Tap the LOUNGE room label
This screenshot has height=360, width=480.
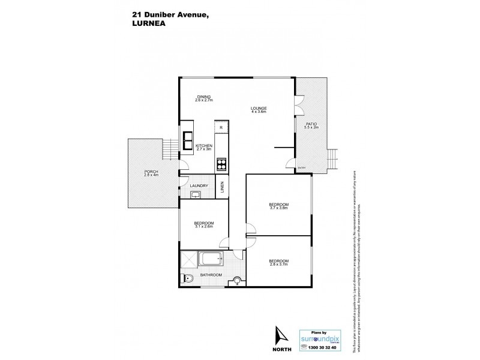pos(259,109)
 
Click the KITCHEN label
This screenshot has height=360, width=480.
pos(205,146)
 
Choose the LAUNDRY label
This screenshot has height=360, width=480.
pos(199,186)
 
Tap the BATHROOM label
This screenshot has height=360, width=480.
pos(211,275)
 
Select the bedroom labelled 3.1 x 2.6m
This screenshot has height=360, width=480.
pos(203,226)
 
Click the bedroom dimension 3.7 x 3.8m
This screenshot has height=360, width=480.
pos(278,208)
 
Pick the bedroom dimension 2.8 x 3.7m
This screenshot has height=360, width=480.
pos(279,264)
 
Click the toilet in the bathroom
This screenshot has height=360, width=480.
pos(187,278)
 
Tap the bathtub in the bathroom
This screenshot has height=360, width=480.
pos(210,260)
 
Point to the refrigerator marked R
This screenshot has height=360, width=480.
pos(221,128)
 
